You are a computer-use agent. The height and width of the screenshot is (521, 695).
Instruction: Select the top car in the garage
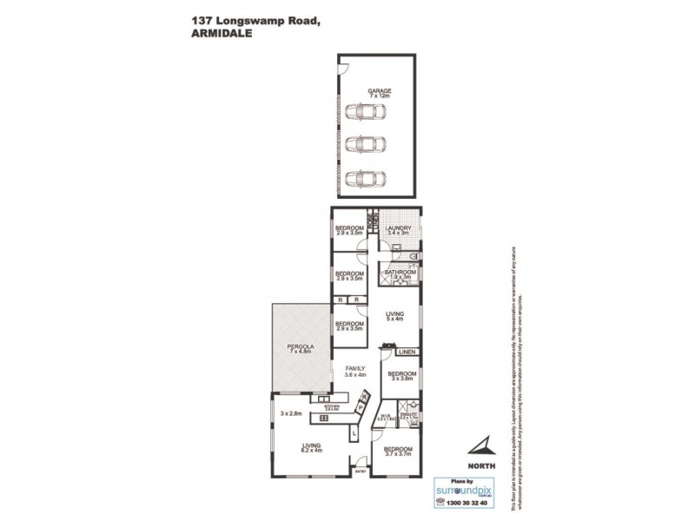tap(366, 113)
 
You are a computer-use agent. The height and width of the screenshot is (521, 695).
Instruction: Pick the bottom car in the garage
tap(366, 179)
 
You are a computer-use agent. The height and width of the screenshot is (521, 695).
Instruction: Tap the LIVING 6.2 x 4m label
tap(311, 447)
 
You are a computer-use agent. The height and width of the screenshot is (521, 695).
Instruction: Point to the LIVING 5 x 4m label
tap(395, 319)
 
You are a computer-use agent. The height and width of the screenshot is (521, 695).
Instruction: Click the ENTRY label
tap(361, 472)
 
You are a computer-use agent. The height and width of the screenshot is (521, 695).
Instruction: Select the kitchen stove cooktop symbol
tap(324, 419)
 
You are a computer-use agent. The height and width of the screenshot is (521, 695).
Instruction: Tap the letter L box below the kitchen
tap(356, 432)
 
